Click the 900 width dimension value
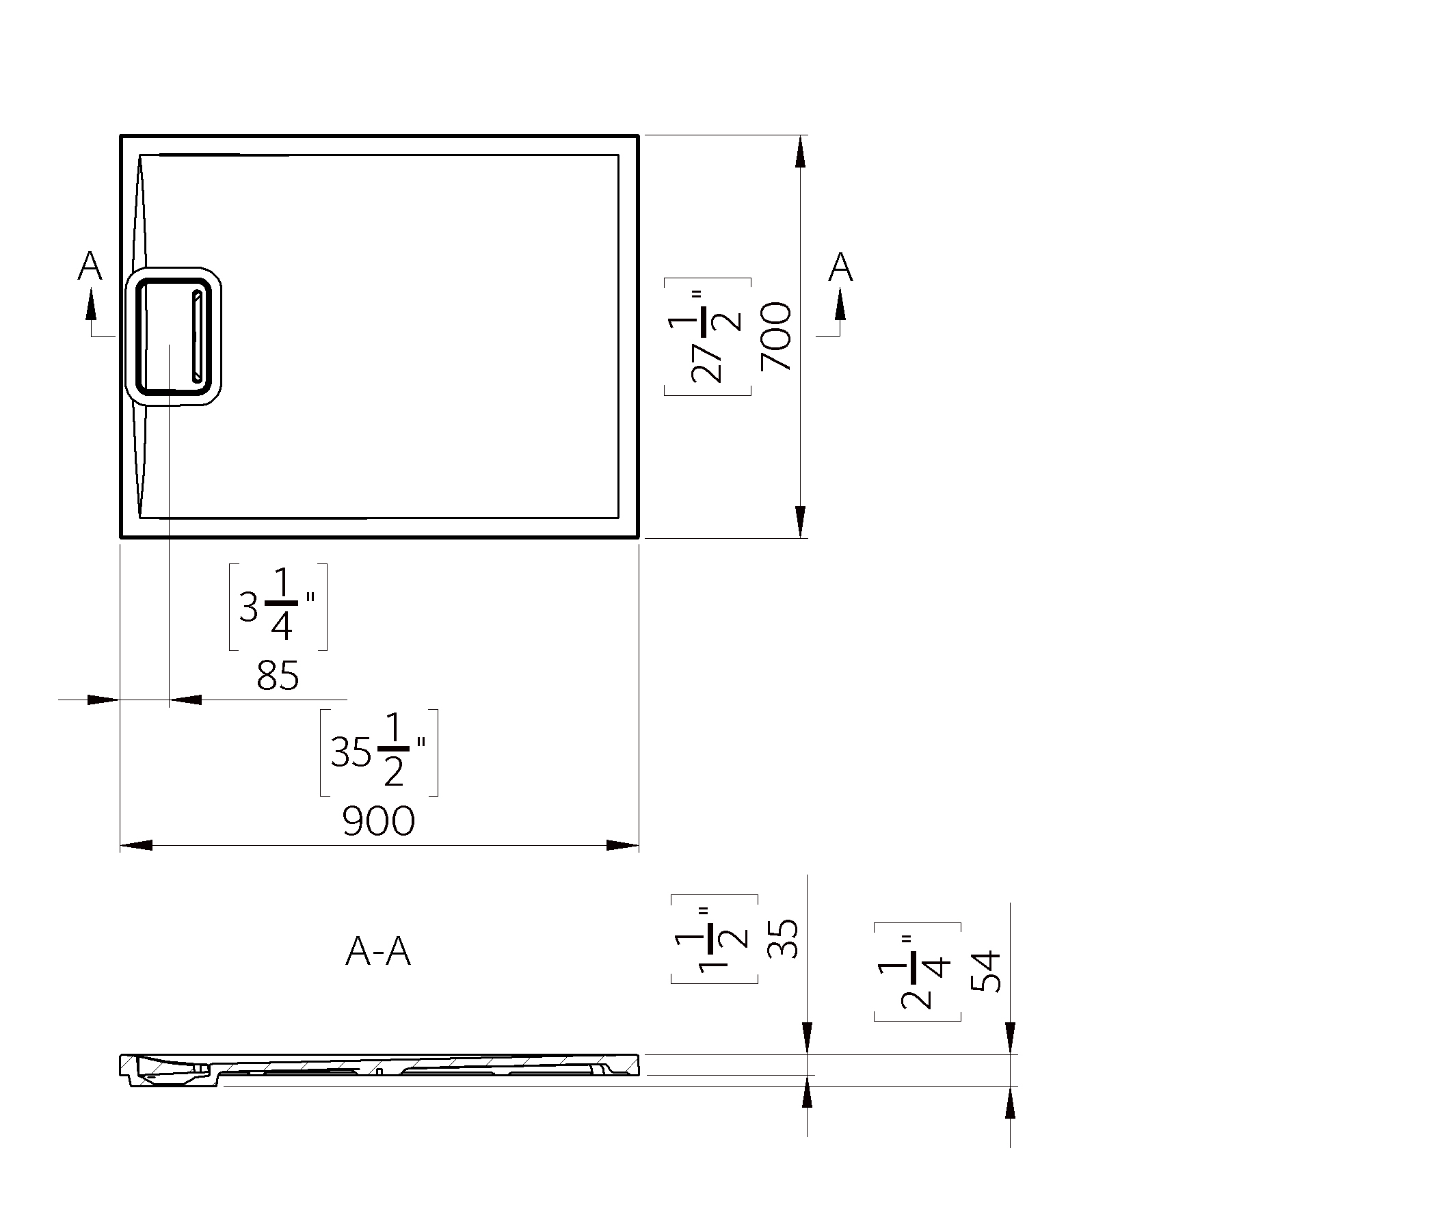pyautogui.click(x=379, y=821)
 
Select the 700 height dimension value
pyautogui.click(x=775, y=336)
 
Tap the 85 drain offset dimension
pyautogui.click(x=278, y=676)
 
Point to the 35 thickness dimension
pyautogui.click(x=783, y=938)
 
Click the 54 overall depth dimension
pyautogui.click(x=986, y=972)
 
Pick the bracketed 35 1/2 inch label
pyautogui.click(x=379, y=752)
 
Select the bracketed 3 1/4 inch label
pyautogui.click(x=278, y=607)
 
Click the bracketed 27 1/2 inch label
pyautogui.click(x=707, y=336)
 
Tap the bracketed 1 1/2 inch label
pyautogui.click(x=714, y=939)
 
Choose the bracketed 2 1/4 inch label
pyautogui.click(x=918, y=972)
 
